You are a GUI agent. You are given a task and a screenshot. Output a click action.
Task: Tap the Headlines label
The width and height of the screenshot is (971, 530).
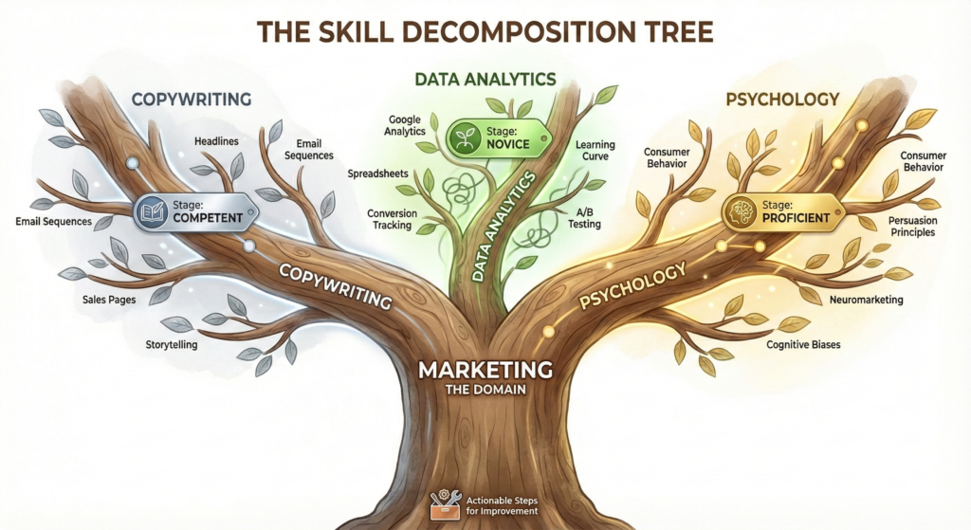[216, 141]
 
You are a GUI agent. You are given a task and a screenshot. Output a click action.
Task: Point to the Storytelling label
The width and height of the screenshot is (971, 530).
[171, 345]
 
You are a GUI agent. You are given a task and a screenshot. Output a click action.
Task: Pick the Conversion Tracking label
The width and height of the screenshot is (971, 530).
[390, 219]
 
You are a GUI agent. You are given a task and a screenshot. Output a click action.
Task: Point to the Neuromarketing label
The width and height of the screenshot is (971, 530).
[866, 300]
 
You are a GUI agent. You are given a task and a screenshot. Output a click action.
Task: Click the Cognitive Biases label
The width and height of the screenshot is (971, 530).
[803, 345]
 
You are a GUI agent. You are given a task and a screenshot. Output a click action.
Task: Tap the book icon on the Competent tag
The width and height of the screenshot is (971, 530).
[153, 210]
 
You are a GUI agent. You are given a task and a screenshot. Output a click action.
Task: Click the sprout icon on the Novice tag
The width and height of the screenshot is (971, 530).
[465, 136]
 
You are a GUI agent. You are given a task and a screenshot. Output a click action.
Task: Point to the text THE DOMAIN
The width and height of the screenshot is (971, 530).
[485, 389]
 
